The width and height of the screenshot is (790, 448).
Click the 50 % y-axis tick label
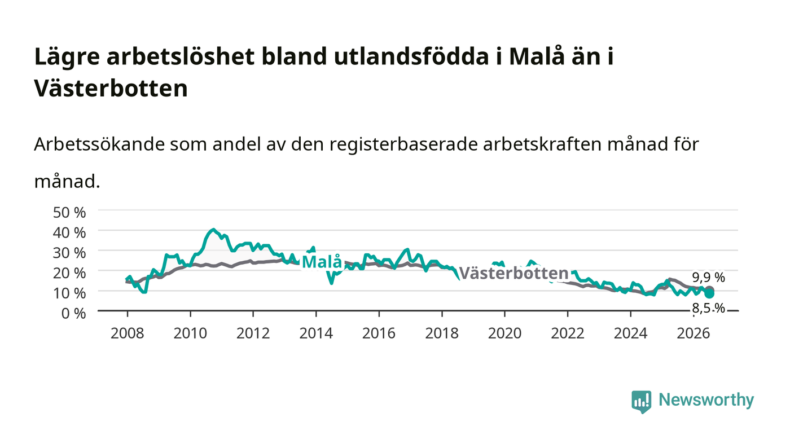[69, 212]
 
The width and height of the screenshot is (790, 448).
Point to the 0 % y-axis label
[73, 313]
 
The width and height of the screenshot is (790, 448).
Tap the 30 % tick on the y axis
[69, 253]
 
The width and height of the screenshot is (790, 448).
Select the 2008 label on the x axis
[128, 333]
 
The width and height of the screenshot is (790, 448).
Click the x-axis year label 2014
[316, 333]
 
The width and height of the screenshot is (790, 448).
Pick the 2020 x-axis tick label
[504, 333]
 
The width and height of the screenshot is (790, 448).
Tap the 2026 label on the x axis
[694, 333]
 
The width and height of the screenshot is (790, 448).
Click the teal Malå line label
[322, 262]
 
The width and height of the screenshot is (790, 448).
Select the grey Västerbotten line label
[514, 274]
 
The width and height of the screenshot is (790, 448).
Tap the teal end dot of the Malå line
[710, 293]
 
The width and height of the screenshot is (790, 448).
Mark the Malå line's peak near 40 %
[213, 230]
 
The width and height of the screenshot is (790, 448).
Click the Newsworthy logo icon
[641, 402]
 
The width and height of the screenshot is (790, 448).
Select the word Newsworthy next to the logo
[706, 400]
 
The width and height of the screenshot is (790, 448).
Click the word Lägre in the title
[67, 57]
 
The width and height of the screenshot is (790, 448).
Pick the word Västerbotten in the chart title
[111, 88]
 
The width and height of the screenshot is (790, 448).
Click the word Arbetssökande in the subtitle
[99, 144]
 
